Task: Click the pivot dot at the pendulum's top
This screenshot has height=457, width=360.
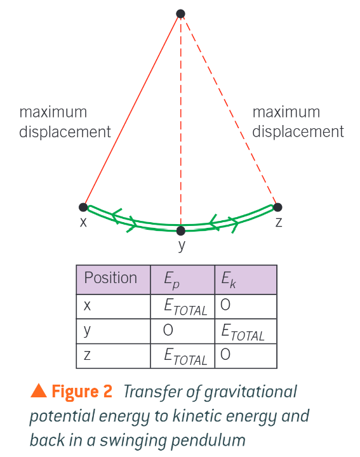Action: (x=181, y=13)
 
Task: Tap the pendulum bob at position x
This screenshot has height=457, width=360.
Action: (x=83, y=207)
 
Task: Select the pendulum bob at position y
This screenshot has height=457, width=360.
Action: (x=181, y=230)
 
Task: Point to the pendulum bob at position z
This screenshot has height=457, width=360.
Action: (x=277, y=207)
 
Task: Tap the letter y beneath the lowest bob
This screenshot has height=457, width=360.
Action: (x=181, y=246)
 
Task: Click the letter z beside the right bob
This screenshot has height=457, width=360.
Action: (x=278, y=222)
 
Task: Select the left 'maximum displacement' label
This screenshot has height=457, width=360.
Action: (x=65, y=122)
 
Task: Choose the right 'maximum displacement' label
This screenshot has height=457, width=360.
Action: (x=298, y=122)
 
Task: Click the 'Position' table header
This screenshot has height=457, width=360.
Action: (x=110, y=278)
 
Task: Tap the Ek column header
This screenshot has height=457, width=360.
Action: (x=228, y=280)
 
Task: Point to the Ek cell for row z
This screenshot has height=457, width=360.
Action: (x=225, y=355)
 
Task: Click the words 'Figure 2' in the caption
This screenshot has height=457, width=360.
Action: (x=82, y=392)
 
